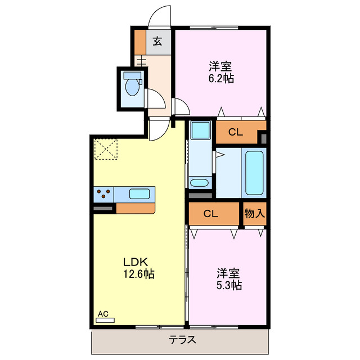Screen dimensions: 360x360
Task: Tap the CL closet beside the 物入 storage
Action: pyautogui.click(x=210, y=214)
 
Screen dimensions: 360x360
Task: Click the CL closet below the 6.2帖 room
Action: pyautogui.click(x=235, y=133)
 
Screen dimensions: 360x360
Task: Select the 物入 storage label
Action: pyautogui.click(x=254, y=214)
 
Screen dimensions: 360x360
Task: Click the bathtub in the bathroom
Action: pyautogui.click(x=255, y=171)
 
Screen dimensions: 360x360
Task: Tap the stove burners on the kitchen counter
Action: pyautogui.click(x=103, y=194)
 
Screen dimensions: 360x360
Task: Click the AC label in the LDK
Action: pyautogui.click(x=103, y=313)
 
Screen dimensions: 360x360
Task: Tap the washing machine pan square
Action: pyautogui.click(x=199, y=131)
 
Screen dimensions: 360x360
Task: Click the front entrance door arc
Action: pyautogui.click(x=160, y=15)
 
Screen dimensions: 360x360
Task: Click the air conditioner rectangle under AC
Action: pyautogui.click(x=105, y=320)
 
